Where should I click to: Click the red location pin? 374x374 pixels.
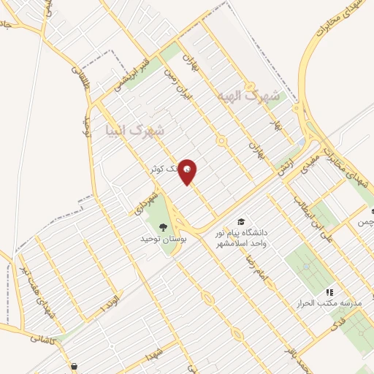[x=188, y=172]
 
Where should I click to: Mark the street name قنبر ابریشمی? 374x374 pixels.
[x=131, y=75]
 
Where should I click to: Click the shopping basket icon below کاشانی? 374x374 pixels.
[x=75, y=366]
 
